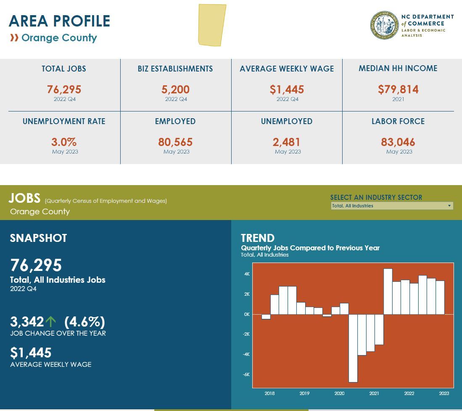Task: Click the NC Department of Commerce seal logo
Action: pos(384,25)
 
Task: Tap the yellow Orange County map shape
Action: pos(212,24)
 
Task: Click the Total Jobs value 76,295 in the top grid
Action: pos(64,90)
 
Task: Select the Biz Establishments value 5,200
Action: pos(175,90)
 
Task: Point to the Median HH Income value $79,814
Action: pos(398,89)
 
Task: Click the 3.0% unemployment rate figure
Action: pos(64,142)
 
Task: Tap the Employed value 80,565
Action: pos(175,142)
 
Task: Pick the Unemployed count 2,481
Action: pos(287,142)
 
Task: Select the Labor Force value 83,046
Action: pos(398,142)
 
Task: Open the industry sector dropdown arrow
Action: pos(449,206)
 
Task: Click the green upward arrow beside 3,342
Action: pos(51,322)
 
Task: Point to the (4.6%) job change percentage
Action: pos(84,322)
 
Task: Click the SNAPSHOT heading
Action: pos(38,238)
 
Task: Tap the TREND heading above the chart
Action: pos(258,238)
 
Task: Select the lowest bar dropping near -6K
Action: pos(353,348)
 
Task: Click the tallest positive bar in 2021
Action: pos(388,292)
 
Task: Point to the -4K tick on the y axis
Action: pos(246,354)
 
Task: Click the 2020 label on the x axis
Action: pos(339,393)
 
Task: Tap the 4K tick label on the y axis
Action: pos(246,274)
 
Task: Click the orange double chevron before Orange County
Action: pos(14,38)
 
